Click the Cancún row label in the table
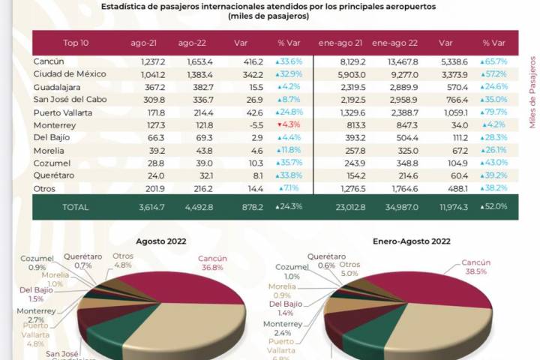click(x=48, y=61)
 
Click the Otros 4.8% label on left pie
click(x=122, y=260)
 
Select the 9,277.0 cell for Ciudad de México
click(x=390, y=74)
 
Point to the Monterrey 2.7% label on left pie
click(x=37, y=313)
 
